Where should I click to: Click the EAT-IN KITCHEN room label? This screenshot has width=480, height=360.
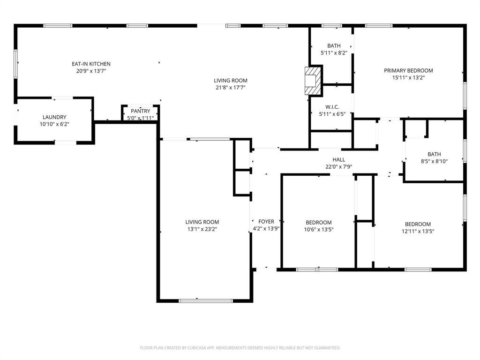(91, 64)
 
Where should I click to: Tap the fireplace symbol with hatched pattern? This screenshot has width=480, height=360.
(313, 81)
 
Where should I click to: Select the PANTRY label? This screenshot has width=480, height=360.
(141, 111)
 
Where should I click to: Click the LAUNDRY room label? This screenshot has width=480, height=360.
(54, 117)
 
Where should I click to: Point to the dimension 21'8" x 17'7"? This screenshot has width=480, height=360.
(231, 88)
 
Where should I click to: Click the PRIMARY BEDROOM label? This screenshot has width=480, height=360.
(408, 71)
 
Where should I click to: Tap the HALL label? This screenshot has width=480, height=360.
(338, 160)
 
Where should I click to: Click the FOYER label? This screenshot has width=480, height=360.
(266, 222)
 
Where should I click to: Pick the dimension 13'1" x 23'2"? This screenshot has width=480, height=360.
(202, 229)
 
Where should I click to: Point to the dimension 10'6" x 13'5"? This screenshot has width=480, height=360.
(319, 230)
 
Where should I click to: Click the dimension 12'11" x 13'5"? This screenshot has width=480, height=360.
(418, 231)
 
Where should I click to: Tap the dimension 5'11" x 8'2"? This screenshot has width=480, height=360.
(334, 53)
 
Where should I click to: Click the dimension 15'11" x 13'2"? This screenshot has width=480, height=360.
(408, 78)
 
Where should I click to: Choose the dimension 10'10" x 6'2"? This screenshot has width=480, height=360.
(54, 124)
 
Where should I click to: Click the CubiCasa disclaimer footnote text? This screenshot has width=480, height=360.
(240, 348)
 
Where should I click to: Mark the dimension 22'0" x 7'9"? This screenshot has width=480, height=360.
(338, 167)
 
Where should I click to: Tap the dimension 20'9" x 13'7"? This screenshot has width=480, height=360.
(91, 71)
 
